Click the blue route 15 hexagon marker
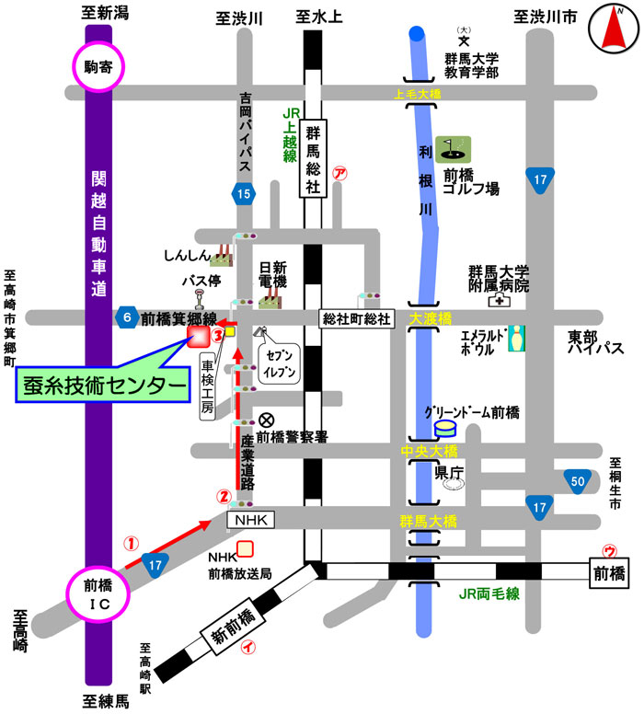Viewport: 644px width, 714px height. pos(242,193)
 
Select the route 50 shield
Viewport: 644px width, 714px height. pos(578,481)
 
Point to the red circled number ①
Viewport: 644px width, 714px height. pos(131,543)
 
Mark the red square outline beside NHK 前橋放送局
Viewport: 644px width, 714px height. pos(245,550)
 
